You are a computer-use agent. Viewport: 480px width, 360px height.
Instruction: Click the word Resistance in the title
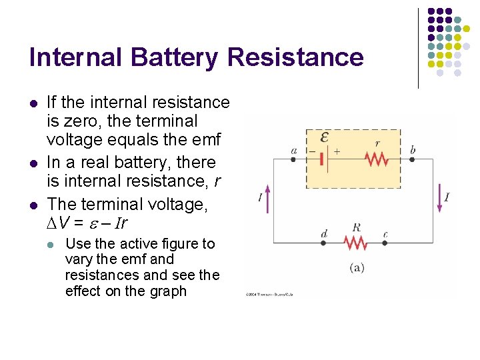tap(295, 57)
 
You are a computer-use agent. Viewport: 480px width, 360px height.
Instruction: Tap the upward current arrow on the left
tap(269, 197)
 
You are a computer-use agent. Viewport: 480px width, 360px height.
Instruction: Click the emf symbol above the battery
tap(324, 137)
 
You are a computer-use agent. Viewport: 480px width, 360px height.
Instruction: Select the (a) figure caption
tap(357, 267)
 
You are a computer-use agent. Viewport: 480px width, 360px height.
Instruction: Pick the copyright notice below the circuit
tap(269, 293)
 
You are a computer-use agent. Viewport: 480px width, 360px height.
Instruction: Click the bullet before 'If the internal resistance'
tap(32, 103)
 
